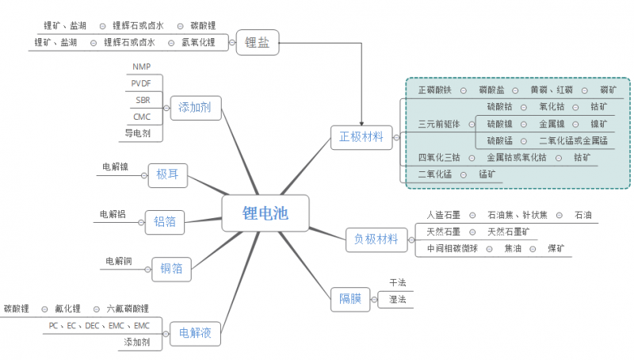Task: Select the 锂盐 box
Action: tap(257, 43)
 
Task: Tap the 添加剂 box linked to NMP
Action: tap(194, 106)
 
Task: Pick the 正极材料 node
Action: tap(361, 137)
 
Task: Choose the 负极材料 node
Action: tap(376, 239)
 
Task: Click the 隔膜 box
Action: tap(349, 299)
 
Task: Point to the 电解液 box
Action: tap(195, 332)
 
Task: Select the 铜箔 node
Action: tap(171, 269)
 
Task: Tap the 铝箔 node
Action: tap(166, 223)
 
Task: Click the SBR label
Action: tap(143, 100)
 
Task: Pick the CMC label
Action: tap(142, 117)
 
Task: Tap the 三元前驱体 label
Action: tap(438, 124)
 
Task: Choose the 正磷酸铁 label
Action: tap(434, 90)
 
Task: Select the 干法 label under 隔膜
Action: tap(397, 283)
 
